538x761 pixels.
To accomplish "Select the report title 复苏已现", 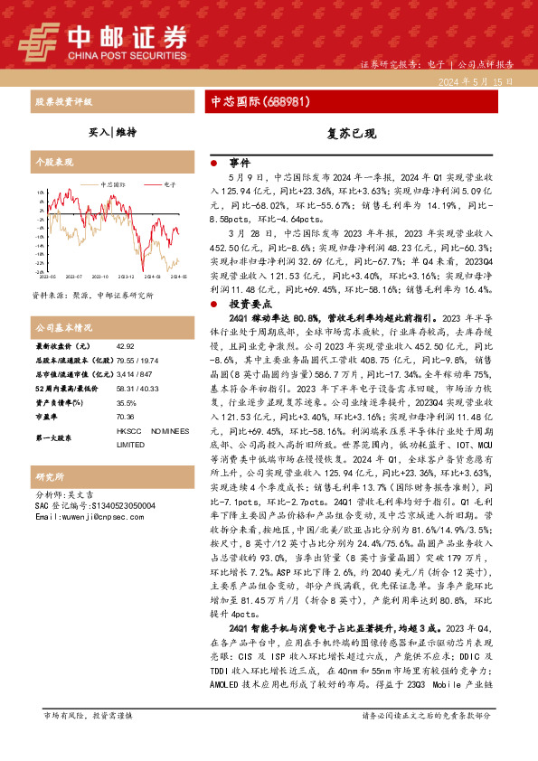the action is [352, 133].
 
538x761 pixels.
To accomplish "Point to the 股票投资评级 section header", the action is [62, 102].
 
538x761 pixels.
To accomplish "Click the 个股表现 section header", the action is [54, 162].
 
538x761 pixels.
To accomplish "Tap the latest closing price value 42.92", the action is [125, 347].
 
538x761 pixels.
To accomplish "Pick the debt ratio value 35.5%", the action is [127, 404].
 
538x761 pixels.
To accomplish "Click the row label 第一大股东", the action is [56, 437].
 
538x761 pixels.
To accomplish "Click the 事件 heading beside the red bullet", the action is [240, 163].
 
